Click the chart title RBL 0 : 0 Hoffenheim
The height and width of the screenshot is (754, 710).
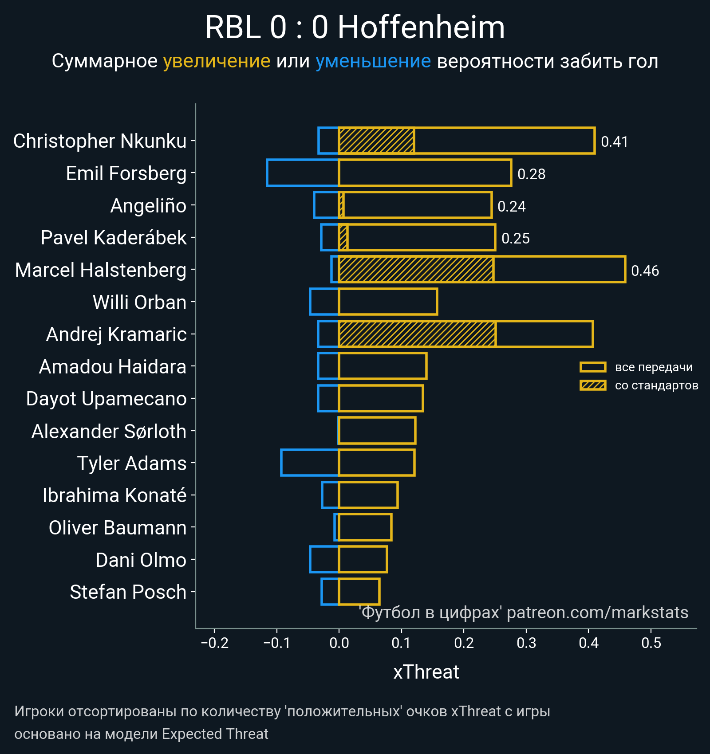pos(355,27)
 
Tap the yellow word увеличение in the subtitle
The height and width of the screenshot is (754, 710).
pos(217,61)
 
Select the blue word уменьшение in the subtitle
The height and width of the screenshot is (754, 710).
pos(373,61)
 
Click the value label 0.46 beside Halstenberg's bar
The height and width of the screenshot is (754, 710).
pos(645,271)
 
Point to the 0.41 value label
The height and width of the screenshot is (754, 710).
pos(614,141)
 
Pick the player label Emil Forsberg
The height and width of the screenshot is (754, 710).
pos(126,173)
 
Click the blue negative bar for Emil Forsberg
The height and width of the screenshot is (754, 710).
pos(303,173)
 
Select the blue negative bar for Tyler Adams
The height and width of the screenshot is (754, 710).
pos(310,463)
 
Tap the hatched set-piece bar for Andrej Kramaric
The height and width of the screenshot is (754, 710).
pos(417,334)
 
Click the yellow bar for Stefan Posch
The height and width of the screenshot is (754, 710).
pos(359,592)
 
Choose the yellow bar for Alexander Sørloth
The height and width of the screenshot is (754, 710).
pos(377,430)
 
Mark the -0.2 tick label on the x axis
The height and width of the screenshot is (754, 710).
pos(214,643)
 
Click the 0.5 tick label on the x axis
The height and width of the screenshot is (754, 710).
pos(651,643)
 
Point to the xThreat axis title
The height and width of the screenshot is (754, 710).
pos(426,672)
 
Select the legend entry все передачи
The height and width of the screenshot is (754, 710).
pos(653,367)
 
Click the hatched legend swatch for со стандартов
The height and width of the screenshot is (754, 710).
pos(593,385)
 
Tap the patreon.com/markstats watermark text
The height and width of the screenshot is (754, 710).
pos(597,613)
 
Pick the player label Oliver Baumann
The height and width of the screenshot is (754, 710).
pos(118,528)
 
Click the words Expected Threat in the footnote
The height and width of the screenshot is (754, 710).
pos(215,734)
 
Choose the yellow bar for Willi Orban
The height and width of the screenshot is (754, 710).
pos(388,302)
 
